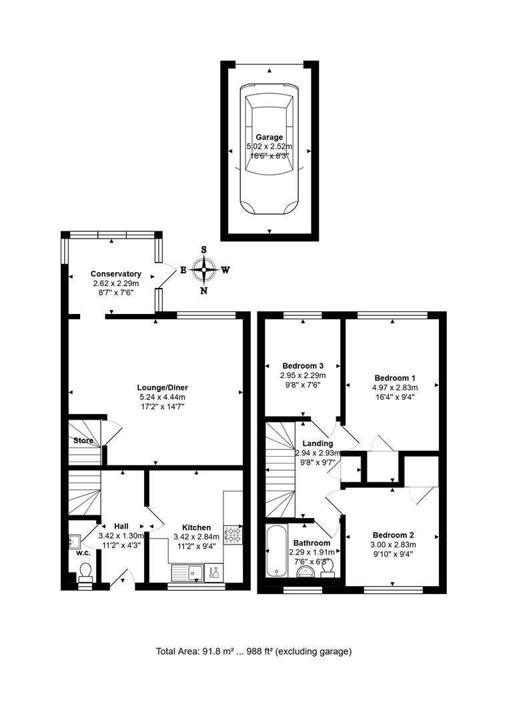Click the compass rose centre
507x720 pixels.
[x=204, y=270]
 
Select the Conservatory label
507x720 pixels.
[x=115, y=274]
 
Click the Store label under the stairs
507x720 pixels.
[x=83, y=440]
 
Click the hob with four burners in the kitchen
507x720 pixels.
[x=233, y=535]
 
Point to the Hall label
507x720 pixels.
[x=121, y=525]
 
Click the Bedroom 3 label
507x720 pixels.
[x=303, y=366]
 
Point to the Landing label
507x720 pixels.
[x=317, y=443]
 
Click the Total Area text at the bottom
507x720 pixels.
[x=253, y=651]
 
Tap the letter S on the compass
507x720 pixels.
[x=204, y=250]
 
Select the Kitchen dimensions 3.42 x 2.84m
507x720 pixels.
[x=197, y=537]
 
